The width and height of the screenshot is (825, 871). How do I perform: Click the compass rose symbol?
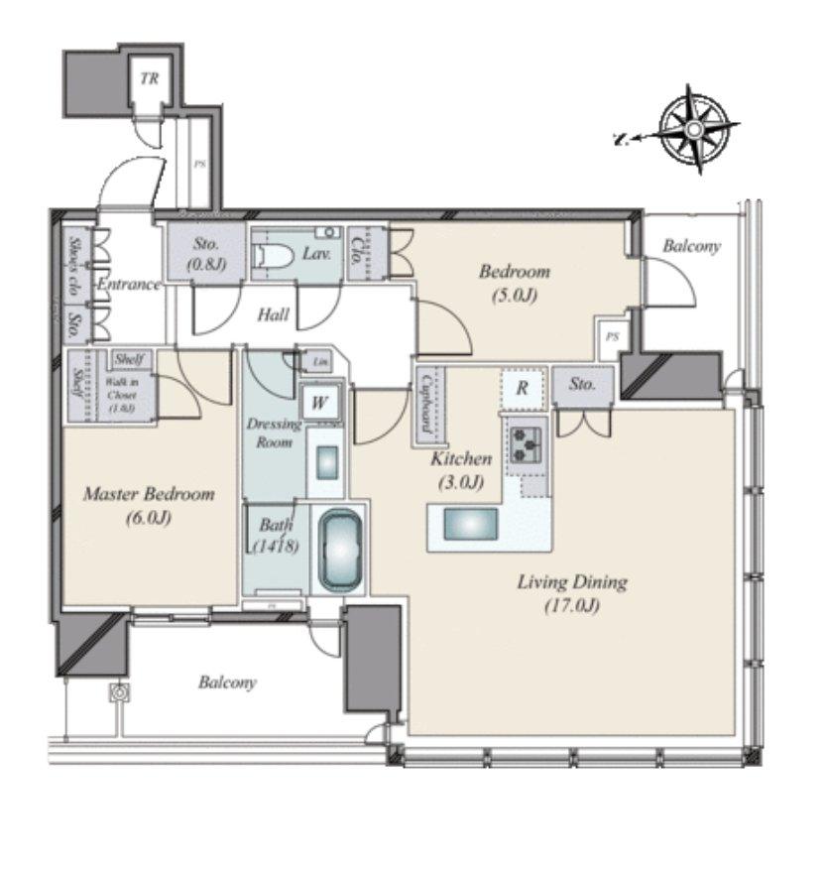click(x=695, y=130)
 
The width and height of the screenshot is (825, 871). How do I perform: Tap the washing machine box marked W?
click(x=320, y=403)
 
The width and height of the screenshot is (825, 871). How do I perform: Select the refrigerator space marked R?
click(x=522, y=389)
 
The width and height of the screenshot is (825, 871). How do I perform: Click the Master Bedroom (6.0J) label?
click(x=149, y=504)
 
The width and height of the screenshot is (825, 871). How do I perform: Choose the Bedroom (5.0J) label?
click(x=514, y=282)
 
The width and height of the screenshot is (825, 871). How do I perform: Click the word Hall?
click(x=274, y=314)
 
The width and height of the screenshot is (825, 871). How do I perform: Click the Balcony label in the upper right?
click(x=691, y=245)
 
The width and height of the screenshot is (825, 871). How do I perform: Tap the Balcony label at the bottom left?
click(x=227, y=683)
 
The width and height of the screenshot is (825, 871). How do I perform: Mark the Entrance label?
click(x=128, y=285)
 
